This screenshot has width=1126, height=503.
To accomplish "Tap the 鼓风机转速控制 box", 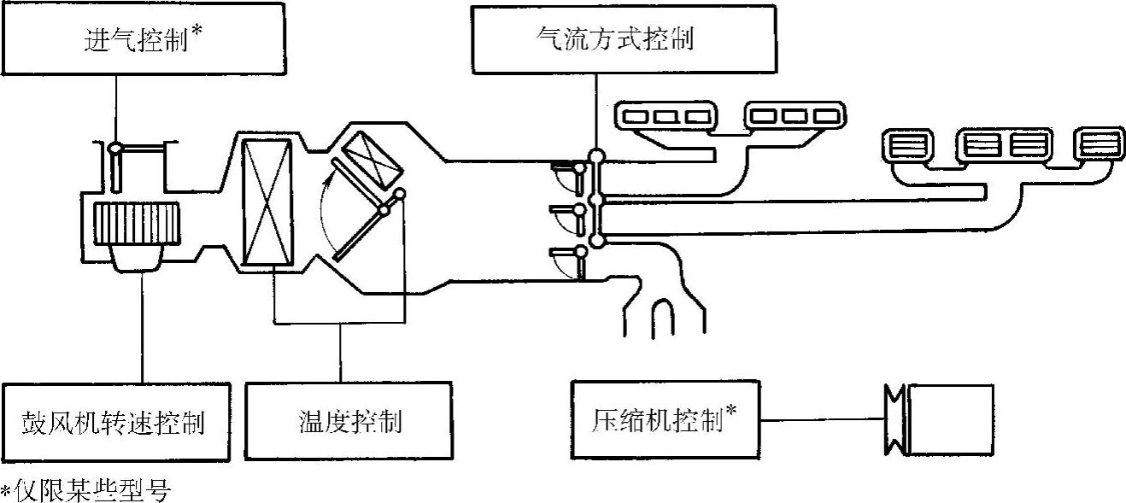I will [115, 421].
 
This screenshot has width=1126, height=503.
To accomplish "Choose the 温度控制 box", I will [348, 421].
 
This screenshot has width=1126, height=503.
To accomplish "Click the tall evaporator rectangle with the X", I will [267, 202].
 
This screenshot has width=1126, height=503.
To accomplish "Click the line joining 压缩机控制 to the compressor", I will [819, 419].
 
